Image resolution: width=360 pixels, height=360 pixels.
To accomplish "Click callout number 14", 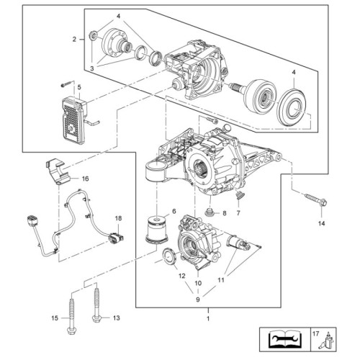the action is coord(322,223).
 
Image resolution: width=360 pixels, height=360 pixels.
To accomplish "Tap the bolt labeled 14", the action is coord(316,199).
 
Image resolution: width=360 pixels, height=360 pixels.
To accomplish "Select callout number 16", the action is coord(85,179).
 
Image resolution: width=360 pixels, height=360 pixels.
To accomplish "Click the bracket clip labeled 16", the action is coord(58,171).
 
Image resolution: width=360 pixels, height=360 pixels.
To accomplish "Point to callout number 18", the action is coord(118,218).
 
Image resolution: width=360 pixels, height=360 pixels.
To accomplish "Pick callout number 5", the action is coord(79,87).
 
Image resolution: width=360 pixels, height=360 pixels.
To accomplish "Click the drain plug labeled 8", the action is coord(210,212).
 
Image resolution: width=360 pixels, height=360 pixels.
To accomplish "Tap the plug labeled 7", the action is coord(240,195).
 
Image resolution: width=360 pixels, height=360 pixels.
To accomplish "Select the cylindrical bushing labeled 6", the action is coord(157,231).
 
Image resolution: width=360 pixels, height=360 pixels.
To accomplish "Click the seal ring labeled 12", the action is coord(169,257).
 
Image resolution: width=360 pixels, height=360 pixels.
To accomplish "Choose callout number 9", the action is coord(198,300).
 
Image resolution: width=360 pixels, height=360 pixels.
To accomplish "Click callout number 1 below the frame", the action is coord(208,319).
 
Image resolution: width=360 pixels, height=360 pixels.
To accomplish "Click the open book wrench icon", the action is coord(284,339).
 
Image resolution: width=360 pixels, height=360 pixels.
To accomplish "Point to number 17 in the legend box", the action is coord(316,333).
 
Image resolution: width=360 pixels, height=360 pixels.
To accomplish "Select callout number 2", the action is coord(74,39).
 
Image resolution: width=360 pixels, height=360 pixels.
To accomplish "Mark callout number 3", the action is coord(92,68).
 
